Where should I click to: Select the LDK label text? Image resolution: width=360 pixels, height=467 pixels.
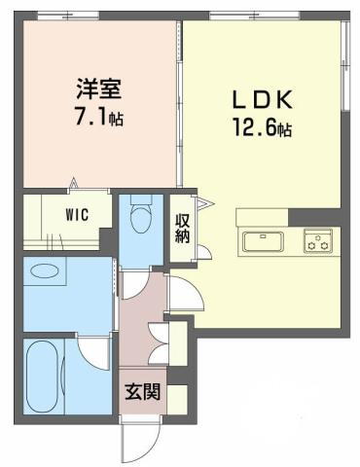coord(260,100)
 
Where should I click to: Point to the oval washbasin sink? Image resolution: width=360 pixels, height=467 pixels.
coord(45,269)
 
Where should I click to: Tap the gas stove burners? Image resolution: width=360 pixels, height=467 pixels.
coord(317,241)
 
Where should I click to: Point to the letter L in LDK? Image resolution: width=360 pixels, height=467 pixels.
coord(236,100)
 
